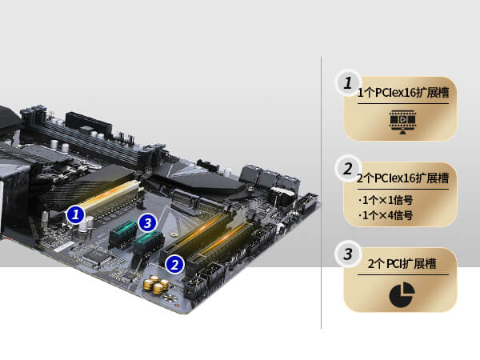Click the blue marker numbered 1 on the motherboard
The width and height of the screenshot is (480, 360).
click(75, 214)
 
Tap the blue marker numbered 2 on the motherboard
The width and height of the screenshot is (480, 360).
click(174, 265)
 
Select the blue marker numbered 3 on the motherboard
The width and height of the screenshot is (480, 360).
click(147, 222)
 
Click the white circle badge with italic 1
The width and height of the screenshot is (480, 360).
click(348, 83)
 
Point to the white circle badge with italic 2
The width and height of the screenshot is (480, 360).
click(348, 169)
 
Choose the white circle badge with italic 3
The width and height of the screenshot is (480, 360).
click(348, 254)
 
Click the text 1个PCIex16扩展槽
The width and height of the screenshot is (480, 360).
click(403, 93)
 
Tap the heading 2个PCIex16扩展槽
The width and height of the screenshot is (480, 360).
click(403, 178)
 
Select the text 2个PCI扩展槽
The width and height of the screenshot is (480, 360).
click(402, 263)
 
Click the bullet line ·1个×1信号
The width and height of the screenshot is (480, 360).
click(386, 200)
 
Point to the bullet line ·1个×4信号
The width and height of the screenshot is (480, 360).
click(386, 215)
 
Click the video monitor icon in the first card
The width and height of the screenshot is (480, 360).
click(402, 122)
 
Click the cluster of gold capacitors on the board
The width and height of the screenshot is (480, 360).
click(156, 284)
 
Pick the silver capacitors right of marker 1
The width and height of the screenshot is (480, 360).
click(86, 224)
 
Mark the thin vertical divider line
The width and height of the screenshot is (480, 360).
click(322, 193)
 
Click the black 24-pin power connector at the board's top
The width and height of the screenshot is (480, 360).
click(89, 123)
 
